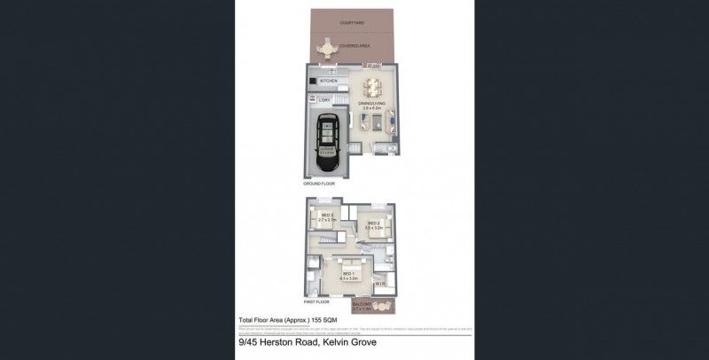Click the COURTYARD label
click(x=352, y=23)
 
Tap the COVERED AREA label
click(x=353, y=42)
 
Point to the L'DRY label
click(x=325, y=101)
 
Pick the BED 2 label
click(x=373, y=223)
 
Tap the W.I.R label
click(x=378, y=285)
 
